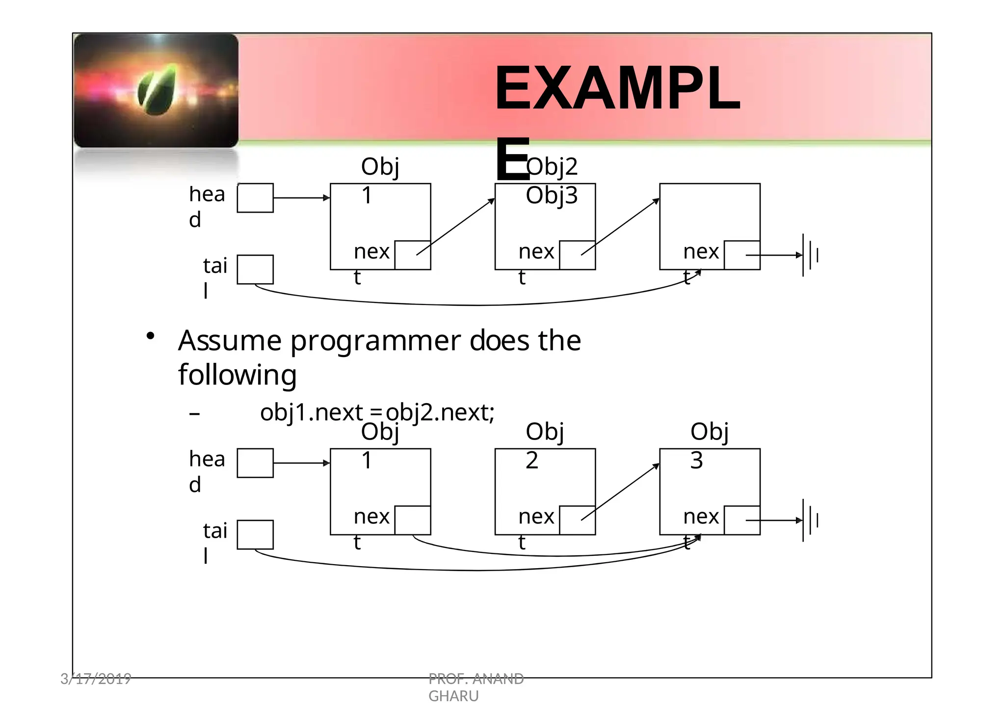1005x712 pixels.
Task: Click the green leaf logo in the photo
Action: pos(158,90)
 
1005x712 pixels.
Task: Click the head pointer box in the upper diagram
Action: pos(255,198)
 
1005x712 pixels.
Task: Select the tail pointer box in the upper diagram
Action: pos(255,269)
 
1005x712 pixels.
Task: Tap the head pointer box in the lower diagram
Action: pos(255,463)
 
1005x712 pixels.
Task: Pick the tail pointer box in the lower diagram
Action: pos(255,534)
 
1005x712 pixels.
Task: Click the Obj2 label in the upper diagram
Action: pos(552,167)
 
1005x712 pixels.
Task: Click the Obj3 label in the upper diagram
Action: pos(552,195)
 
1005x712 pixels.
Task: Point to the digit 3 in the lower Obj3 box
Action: pos(696,461)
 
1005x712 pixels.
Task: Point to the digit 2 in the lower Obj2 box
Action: pos(532,461)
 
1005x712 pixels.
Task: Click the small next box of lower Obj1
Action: pos(412,520)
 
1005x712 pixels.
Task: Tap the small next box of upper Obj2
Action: pos(577,255)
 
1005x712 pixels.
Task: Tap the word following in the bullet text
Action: pos(237,375)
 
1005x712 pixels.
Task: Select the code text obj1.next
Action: pos(312,412)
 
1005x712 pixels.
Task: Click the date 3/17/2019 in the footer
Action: pos(96,679)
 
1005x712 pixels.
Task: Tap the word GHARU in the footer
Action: pos(453,696)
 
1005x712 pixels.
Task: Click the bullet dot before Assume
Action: pos(150,336)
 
